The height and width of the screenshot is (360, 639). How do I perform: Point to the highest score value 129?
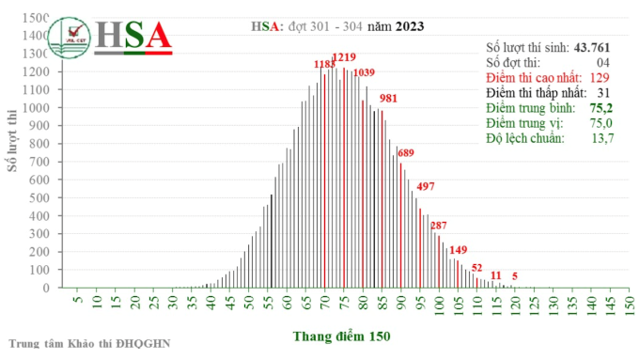(x=600, y=78)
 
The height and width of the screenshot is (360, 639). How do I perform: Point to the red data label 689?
(x=406, y=152)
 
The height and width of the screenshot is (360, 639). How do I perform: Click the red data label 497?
(x=425, y=186)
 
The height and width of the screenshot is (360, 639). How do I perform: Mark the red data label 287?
(x=439, y=225)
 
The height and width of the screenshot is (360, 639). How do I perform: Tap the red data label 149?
(x=459, y=249)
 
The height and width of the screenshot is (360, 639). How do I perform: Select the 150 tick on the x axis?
(x=629, y=306)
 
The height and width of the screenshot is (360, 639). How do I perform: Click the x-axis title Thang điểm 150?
(x=341, y=336)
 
